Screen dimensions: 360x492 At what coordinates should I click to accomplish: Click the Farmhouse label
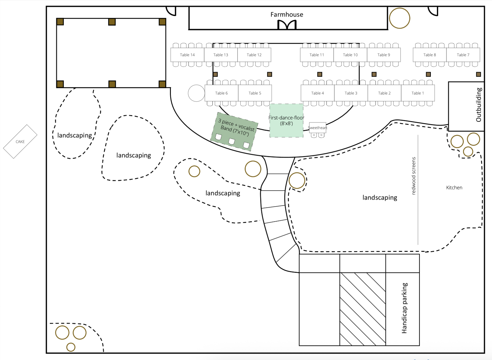pos(287,15)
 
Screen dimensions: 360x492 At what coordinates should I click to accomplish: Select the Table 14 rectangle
pos(187,55)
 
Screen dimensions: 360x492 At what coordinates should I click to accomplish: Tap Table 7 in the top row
pos(463,55)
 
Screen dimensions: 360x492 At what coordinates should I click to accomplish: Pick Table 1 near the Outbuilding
pos(418,93)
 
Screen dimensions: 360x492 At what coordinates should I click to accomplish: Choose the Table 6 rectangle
pos(221,93)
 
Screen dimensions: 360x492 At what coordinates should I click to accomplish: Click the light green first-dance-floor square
pos(286,120)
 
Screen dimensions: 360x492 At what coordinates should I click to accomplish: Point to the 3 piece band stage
pos(235,131)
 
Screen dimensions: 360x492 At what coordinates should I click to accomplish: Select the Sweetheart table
pos(317,128)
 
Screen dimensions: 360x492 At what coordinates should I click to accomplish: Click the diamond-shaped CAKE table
pos(20,142)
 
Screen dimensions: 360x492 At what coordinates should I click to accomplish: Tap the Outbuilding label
pos(479,104)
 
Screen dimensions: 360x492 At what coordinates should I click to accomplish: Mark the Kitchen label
pos(454,188)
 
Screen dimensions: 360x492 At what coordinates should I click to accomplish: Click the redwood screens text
pos(414,176)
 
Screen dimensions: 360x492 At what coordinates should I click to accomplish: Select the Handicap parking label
pos(404,308)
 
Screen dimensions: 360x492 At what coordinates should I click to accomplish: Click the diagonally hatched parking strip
pos(362,309)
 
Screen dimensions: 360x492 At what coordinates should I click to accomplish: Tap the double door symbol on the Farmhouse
pos(287,25)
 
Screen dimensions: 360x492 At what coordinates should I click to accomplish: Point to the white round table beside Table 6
pos(196,93)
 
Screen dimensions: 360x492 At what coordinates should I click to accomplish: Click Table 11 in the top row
pos(316,55)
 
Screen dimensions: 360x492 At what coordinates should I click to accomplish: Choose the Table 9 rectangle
pos(384,55)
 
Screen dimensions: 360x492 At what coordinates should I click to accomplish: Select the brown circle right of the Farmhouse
pos(400,18)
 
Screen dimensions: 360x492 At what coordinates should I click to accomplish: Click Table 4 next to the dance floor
pos(317,93)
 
